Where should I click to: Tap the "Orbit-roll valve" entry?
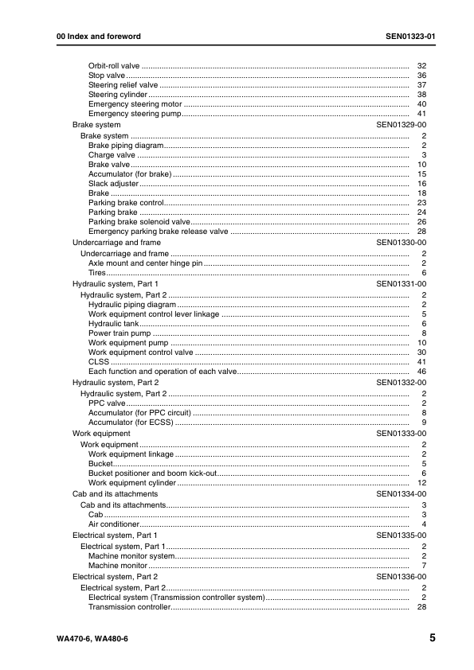click(114, 65)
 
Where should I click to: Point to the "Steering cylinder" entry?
click(117, 95)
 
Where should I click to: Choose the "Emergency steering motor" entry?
click(135, 104)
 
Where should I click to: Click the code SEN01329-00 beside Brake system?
click(402, 125)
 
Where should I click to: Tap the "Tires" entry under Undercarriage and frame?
click(97, 272)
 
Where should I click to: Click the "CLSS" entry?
click(98, 362)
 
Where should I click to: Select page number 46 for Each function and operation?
click(422, 372)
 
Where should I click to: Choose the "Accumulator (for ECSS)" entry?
click(130, 422)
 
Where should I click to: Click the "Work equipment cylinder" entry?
click(132, 483)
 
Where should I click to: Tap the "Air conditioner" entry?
click(114, 524)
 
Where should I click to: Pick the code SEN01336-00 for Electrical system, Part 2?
click(402, 576)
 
